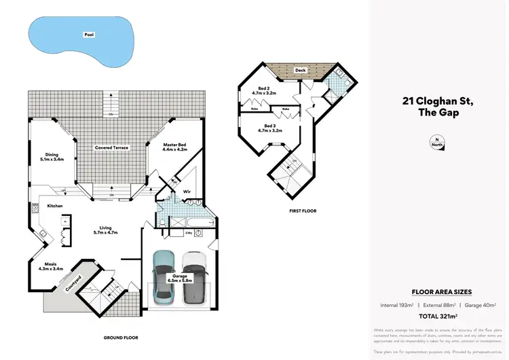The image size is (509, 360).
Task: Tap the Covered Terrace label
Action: click(x=112, y=147)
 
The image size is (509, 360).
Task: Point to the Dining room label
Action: click(x=52, y=157)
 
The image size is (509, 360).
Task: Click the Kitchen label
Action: click(x=56, y=205)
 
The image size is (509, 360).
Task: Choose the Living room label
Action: click(x=105, y=230)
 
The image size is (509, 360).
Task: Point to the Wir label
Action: click(x=187, y=192)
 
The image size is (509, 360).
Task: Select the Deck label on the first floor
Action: click(x=299, y=70)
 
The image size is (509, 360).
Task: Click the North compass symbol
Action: click(x=435, y=142)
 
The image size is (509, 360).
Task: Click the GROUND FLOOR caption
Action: click(x=121, y=338)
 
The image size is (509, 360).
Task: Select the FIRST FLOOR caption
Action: click(x=303, y=211)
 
